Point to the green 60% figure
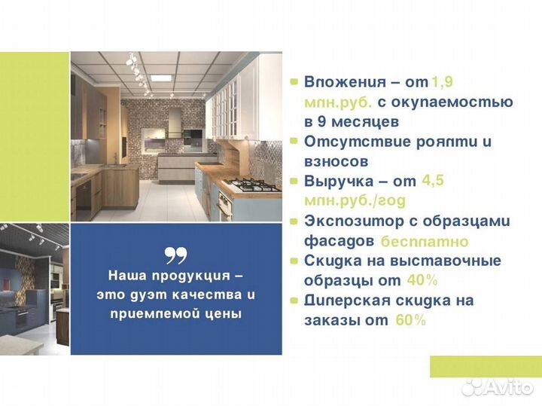(x=410, y=320)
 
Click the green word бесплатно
(x=424, y=242)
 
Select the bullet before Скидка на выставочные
(x=294, y=261)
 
